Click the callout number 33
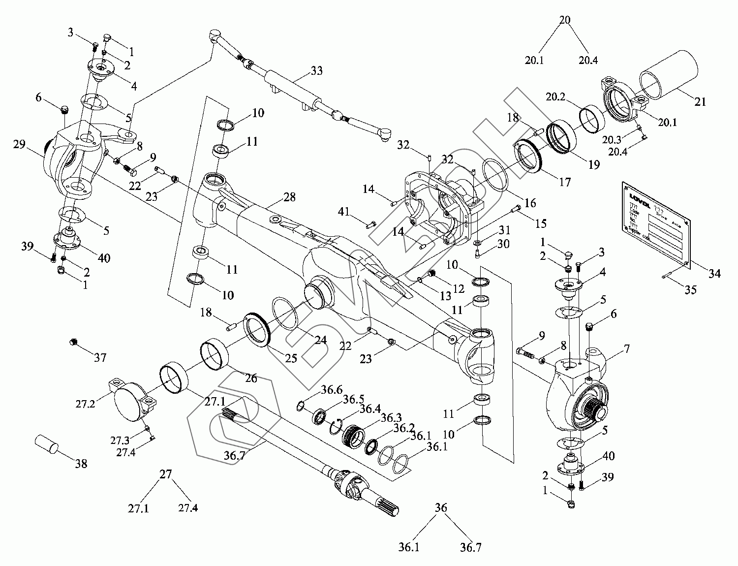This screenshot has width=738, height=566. [x=317, y=71]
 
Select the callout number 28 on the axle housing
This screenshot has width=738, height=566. [x=290, y=197]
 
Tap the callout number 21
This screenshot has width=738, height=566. [x=700, y=102]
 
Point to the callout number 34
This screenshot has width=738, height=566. [x=714, y=272]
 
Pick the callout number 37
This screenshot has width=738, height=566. [x=100, y=358]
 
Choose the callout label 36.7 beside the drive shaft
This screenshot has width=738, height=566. [x=234, y=456]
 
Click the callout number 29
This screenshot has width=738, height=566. [x=20, y=144]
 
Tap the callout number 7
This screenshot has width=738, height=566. [x=626, y=349]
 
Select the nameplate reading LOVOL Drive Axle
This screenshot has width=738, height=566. [x=657, y=224]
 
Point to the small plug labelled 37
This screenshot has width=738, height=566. [x=74, y=342]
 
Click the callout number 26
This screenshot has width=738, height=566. [x=251, y=378]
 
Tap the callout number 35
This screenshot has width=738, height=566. [x=691, y=290]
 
